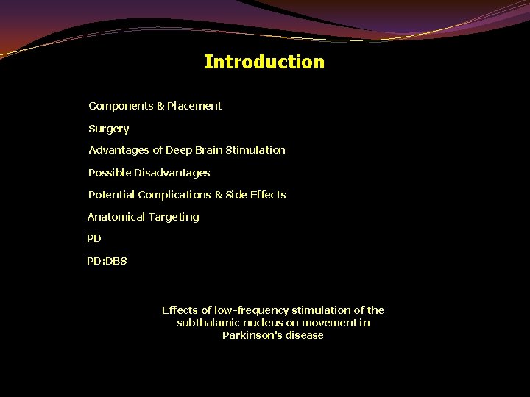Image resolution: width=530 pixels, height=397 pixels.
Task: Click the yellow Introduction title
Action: (x=264, y=62)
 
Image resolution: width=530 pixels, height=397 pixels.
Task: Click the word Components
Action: (x=121, y=106)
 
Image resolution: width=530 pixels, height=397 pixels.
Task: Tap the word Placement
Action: (x=194, y=106)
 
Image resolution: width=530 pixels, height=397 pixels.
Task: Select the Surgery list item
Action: (x=109, y=129)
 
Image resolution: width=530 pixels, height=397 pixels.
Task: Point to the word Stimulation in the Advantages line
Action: (x=255, y=150)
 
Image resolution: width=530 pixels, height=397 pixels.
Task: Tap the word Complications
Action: (x=174, y=195)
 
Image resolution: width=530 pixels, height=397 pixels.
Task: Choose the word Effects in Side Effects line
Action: (x=268, y=195)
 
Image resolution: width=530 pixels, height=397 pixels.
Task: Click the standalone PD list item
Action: (x=94, y=239)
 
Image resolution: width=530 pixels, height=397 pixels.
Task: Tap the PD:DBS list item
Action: (x=107, y=261)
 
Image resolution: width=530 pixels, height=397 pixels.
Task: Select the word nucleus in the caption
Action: (x=260, y=323)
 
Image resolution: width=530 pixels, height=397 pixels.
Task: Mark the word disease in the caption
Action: (x=305, y=335)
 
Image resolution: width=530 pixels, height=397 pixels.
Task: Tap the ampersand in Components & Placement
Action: (x=160, y=106)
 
